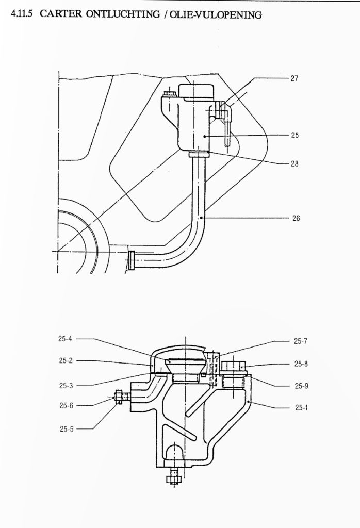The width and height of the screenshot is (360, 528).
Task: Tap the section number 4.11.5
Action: pos(22,14)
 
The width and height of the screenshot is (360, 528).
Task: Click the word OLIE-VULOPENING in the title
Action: pos(215,15)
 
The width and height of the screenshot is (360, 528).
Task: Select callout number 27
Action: pos(294,78)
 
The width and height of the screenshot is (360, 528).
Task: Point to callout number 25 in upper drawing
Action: pos(294,135)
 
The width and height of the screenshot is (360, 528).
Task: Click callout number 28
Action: pos(294,163)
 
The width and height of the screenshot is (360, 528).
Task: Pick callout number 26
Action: pos(296,218)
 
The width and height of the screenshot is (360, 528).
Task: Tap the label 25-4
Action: pos(65,339)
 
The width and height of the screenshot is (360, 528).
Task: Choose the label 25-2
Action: pos(66,360)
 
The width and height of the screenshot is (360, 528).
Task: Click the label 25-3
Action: pos(66,386)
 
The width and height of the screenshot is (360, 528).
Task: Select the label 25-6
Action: pos(66,405)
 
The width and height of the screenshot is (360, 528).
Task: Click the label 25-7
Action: pos(300,341)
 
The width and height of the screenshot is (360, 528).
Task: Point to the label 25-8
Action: pos(301,364)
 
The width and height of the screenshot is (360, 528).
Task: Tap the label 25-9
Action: pos(301,386)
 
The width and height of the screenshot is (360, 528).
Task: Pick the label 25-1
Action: pos(301,407)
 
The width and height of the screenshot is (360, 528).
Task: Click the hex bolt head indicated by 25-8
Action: pos(234,366)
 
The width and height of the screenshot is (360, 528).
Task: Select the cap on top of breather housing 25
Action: pos(196,91)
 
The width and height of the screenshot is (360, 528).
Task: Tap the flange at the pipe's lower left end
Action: pos(132,260)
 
